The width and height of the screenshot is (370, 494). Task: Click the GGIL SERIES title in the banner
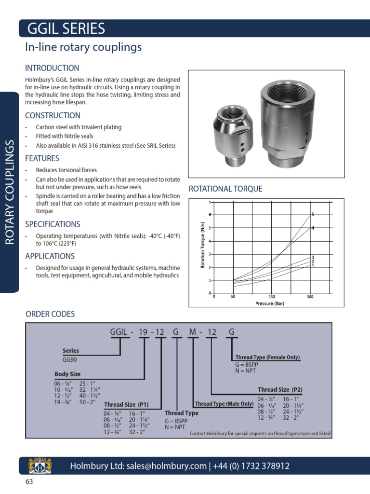click(x=66, y=29)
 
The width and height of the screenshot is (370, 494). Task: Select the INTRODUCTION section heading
click(x=52, y=68)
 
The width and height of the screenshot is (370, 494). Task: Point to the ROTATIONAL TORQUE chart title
click(x=225, y=189)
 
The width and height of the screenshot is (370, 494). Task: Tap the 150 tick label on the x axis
click(x=272, y=297)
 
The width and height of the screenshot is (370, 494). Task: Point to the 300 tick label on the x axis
click(x=310, y=297)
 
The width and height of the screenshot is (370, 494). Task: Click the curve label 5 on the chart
click(x=313, y=214)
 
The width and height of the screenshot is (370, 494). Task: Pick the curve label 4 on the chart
click(x=313, y=228)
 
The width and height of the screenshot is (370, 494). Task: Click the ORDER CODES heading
click(x=50, y=314)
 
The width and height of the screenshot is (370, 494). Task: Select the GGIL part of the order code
click(x=120, y=332)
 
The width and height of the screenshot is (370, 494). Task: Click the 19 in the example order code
click(x=143, y=332)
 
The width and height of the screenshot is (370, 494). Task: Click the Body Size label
click(x=67, y=374)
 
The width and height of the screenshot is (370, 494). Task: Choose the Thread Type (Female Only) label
click(x=267, y=357)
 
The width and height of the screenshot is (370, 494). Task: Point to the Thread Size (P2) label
click(x=280, y=389)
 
